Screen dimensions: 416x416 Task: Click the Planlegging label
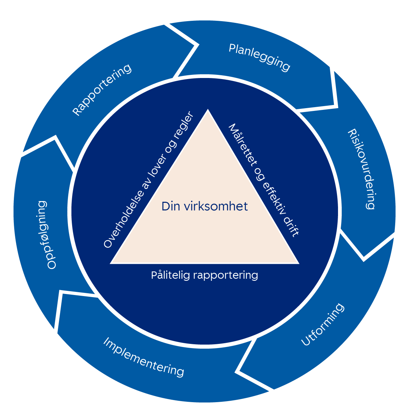pos(259,58)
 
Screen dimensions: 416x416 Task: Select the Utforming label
pos(322,324)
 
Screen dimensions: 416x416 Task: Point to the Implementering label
pos(144,357)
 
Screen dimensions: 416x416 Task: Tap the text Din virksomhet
pos(205,207)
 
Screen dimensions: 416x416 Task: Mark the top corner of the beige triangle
pos(208,110)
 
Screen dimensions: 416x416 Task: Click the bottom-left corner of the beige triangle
pos(111,263)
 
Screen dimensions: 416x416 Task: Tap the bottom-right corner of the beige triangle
pos(299,263)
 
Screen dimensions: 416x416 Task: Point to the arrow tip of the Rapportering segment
pos(198,45)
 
